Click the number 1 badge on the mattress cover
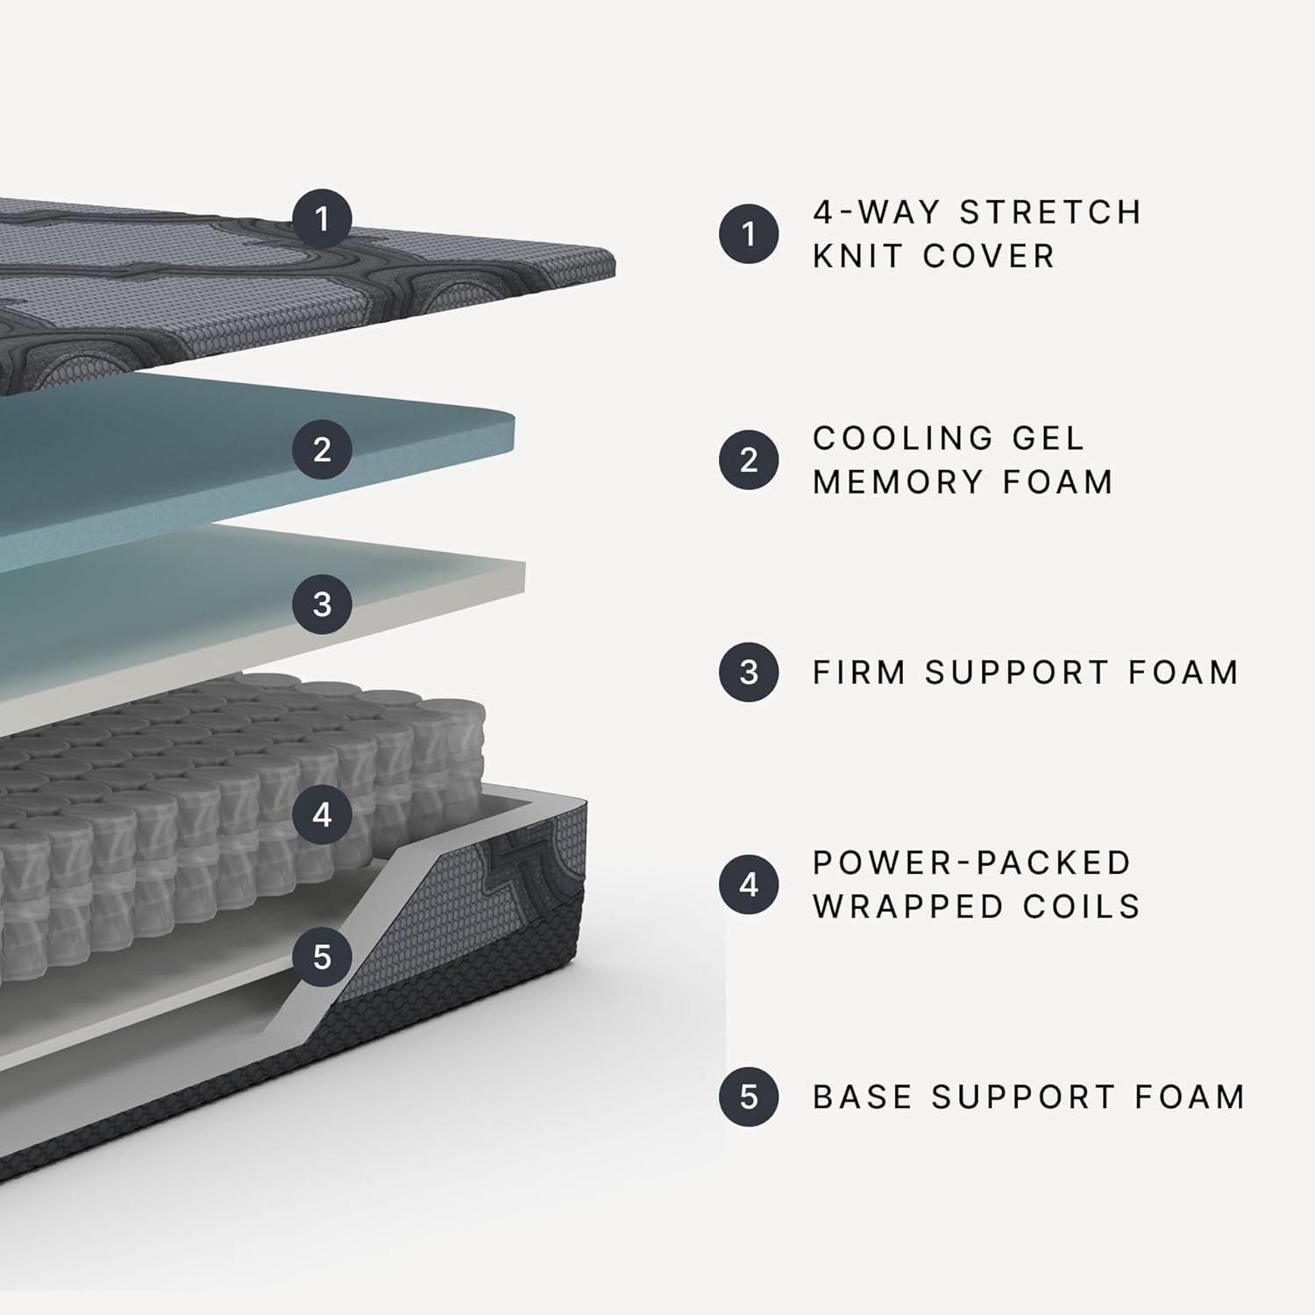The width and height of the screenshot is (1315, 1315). tap(322, 218)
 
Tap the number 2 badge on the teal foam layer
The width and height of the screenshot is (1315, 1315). tap(322, 450)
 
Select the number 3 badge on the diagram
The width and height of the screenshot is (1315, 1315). tap(322, 604)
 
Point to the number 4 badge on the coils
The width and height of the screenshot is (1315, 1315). tap(322, 815)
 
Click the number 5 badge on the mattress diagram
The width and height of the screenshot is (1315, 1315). tap(322, 956)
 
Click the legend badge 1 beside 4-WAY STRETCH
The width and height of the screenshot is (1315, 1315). tap(749, 234)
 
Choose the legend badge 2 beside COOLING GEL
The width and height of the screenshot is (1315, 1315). tap(749, 459)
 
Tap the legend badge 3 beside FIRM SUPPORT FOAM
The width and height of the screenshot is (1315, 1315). tap(749, 672)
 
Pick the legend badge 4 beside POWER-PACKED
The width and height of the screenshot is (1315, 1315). tap(749, 885)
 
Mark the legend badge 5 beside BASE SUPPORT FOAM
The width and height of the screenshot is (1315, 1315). tap(749, 1097)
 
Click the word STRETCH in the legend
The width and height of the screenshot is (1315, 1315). tap(1050, 212)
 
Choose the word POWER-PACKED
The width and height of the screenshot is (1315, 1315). tap(972, 863)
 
